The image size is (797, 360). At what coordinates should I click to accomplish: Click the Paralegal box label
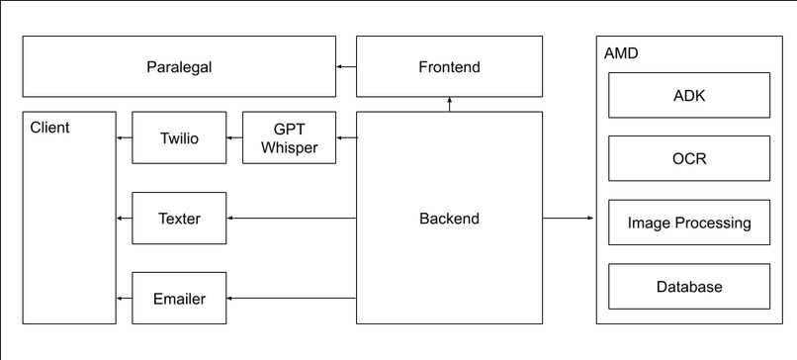tap(179, 67)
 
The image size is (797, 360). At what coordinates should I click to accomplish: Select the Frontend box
tap(449, 67)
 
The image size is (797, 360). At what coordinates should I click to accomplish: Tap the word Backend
tap(449, 219)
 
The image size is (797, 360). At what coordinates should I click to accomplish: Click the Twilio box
tap(179, 138)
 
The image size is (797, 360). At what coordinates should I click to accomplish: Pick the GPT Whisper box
tap(289, 138)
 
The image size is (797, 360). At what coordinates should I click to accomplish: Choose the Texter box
tap(179, 219)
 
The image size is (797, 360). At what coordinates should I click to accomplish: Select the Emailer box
tap(179, 298)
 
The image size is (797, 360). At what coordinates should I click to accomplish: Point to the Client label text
tap(49, 128)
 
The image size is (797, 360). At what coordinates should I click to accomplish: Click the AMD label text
tap(621, 52)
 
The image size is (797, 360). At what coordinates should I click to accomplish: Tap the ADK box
tap(688, 97)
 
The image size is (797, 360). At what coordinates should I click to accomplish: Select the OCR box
tap(688, 159)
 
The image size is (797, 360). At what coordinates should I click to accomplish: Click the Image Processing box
tap(688, 223)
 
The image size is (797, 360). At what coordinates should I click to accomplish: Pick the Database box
tap(688, 287)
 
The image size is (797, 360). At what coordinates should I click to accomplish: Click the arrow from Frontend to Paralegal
tap(346, 67)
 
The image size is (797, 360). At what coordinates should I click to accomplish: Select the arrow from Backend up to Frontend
tap(449, 105)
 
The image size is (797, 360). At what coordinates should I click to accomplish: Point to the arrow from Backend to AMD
tap(569, 219)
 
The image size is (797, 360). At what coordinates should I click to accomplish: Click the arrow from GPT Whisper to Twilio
tap(235, 138)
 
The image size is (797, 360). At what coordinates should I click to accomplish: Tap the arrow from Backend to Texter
tap(292, 219)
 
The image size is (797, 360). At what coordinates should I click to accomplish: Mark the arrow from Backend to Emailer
tap(292, 298)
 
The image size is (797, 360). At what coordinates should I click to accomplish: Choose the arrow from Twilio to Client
tap(125, 138)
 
